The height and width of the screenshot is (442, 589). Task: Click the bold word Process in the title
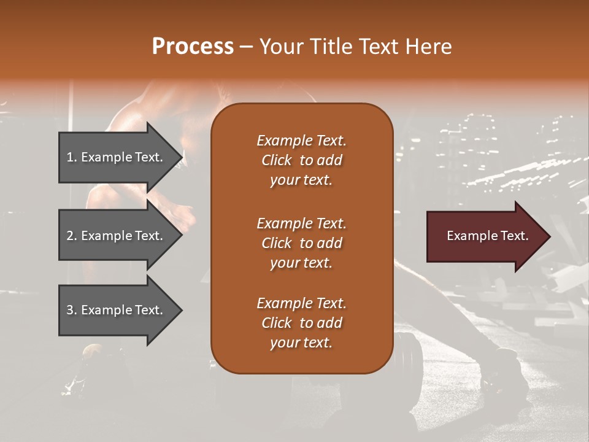(193, 47)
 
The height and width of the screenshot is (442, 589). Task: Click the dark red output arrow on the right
(482, 236)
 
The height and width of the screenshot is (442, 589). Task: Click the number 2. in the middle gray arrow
(72, 236)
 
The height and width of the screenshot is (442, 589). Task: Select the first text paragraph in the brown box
(301, 160)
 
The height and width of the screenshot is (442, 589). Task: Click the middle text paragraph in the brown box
(301, 242)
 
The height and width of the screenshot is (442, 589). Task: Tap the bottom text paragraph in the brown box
(301, 323)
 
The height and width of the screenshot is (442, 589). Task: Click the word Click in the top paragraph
(277, 160)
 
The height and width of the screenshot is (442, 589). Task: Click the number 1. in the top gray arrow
(72, 157)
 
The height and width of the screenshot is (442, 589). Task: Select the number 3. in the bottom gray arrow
(72, 310)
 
